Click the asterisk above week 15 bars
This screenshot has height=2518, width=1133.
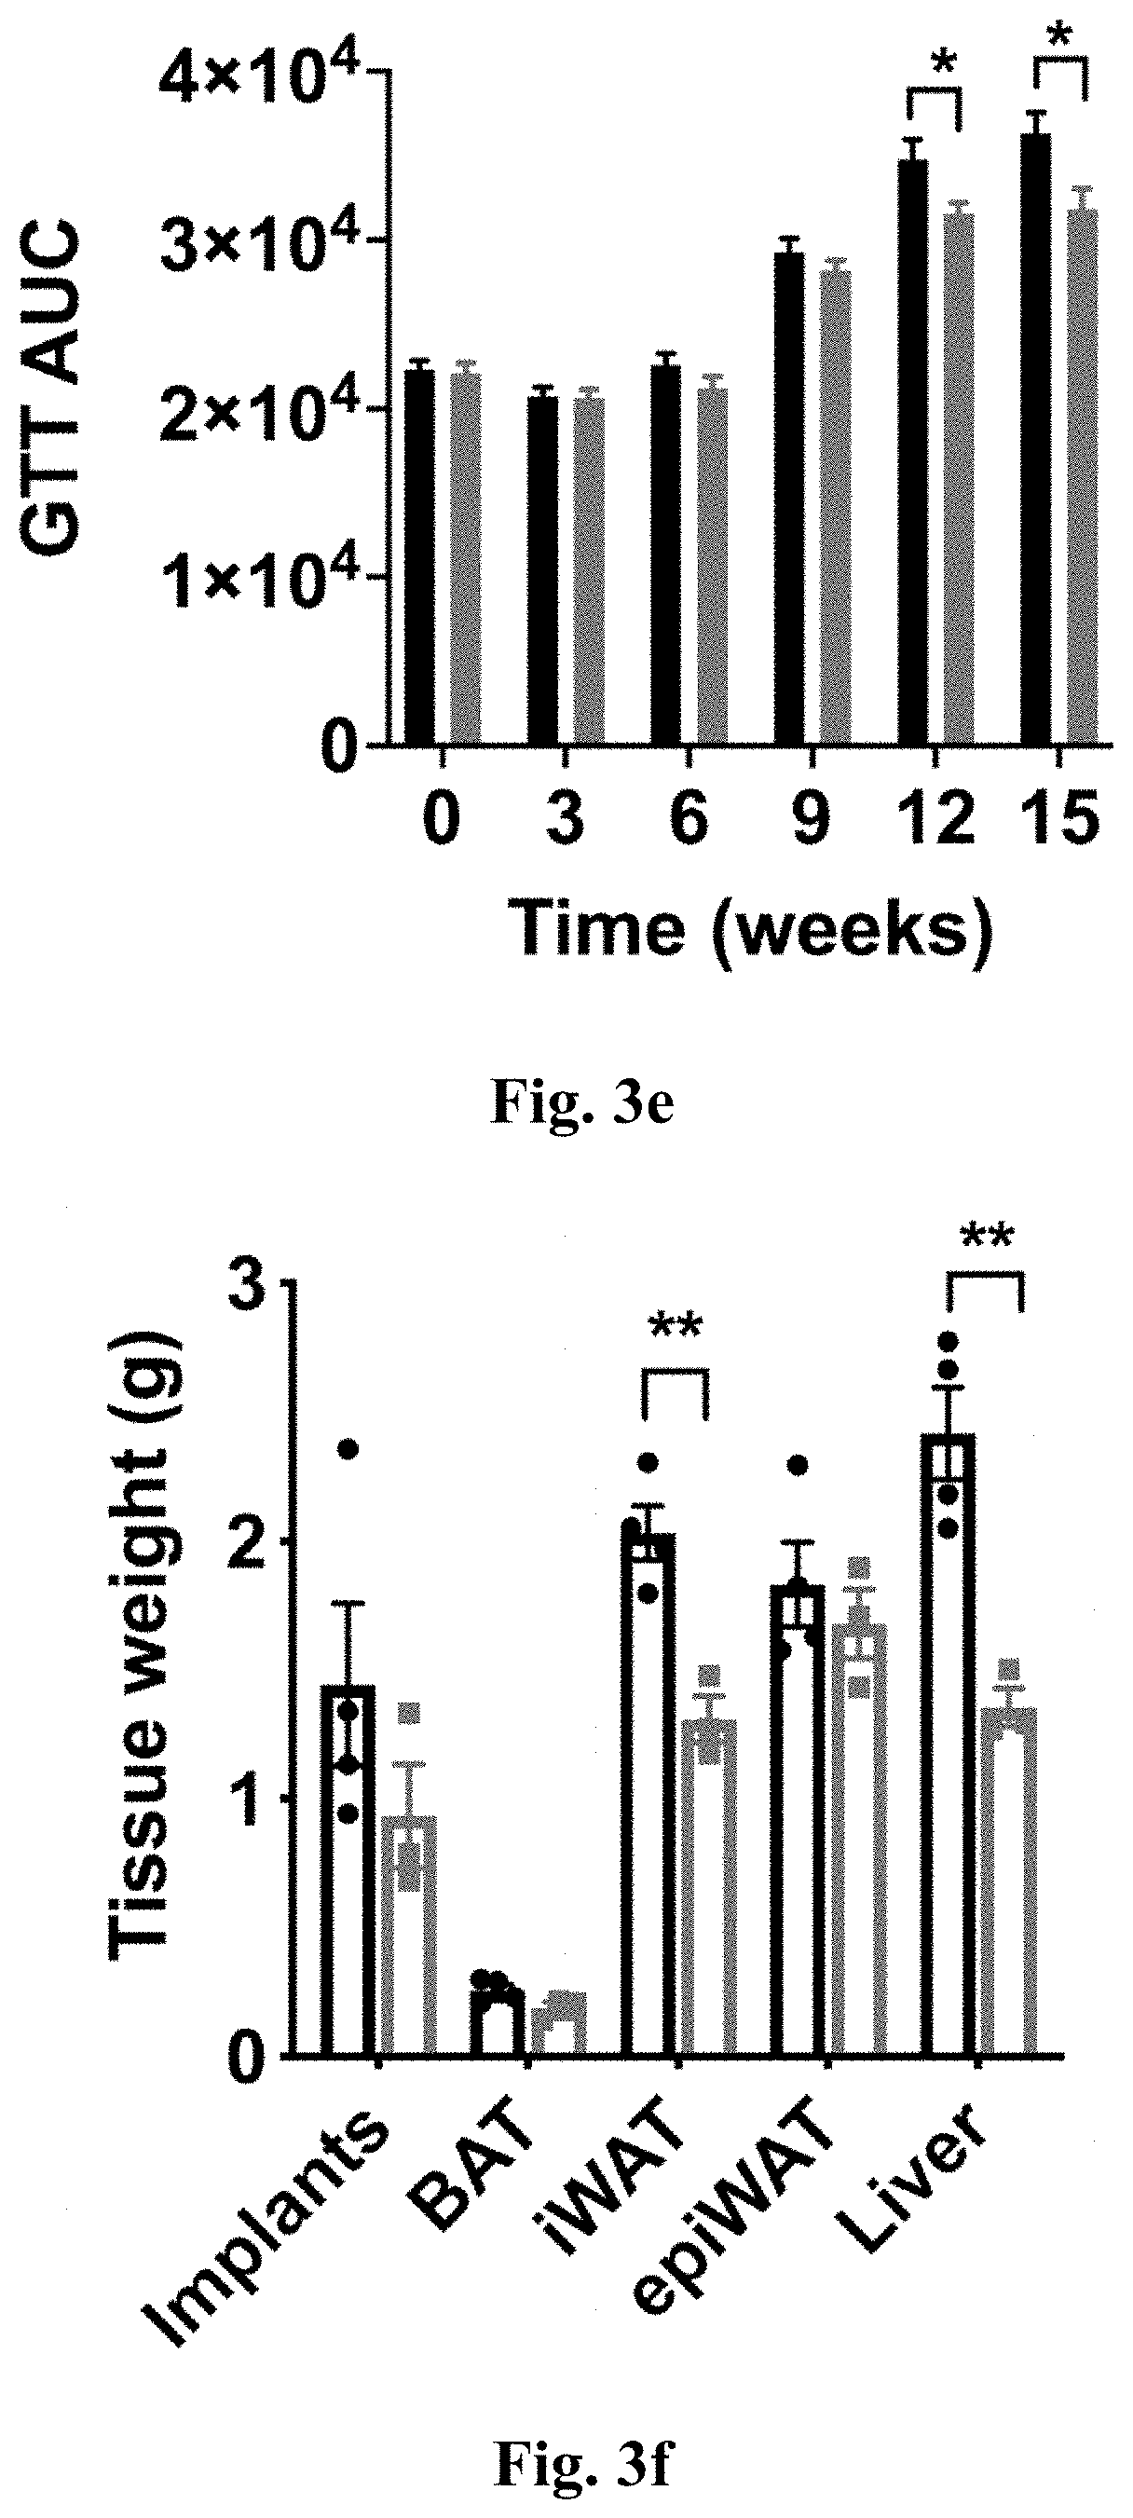point(1058,39)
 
